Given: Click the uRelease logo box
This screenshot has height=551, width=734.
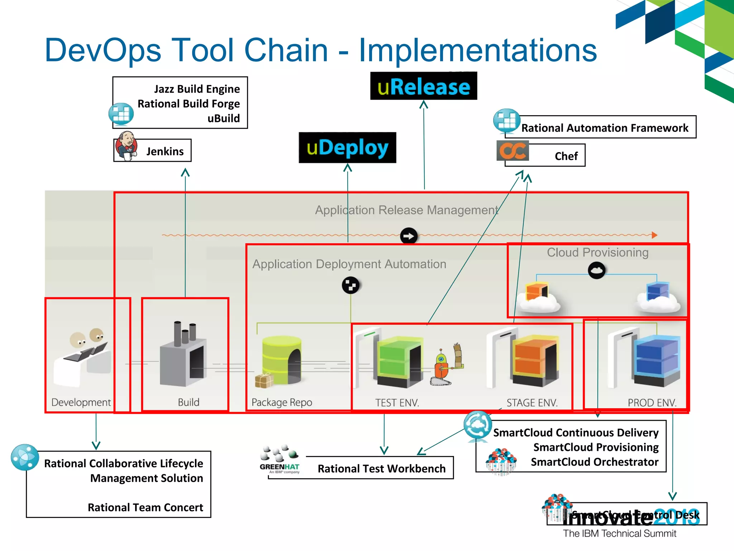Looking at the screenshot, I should click(424, 86).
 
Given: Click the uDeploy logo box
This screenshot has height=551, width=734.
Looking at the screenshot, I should click(347, 147).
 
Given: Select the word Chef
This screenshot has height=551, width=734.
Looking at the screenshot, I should click(566, 156).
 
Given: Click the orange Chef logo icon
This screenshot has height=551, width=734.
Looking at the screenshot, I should click(513, 151).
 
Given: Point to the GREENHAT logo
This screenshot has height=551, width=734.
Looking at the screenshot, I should click(280, 460).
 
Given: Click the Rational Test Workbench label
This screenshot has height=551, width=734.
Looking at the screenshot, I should click(381, 468).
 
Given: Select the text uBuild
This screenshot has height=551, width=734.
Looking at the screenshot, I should click(224, 118).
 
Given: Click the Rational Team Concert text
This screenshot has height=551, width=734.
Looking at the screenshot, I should click(145, 507).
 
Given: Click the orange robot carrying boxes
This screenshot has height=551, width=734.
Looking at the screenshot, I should click(442, 368).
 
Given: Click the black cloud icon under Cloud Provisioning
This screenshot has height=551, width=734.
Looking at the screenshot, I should click(596, 270).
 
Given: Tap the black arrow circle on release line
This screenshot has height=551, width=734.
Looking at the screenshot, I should click(409, 236).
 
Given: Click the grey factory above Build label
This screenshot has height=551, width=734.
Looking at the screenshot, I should click(183, 355).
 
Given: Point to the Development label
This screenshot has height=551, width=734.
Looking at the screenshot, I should click(81, 402).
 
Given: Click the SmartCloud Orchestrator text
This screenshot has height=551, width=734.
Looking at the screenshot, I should click(595, 462).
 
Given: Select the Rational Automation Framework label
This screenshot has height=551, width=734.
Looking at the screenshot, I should click(605, 128).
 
